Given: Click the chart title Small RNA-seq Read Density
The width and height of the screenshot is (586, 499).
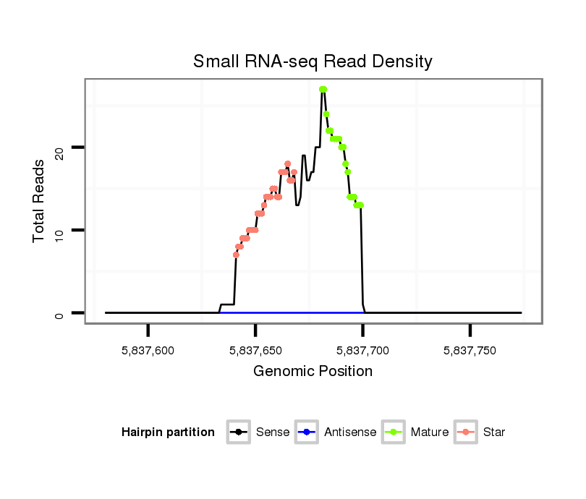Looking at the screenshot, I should [313, 61].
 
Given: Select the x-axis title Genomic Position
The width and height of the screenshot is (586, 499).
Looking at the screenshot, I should [313, 372].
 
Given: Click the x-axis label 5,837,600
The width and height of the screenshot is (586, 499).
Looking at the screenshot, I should [148, 350].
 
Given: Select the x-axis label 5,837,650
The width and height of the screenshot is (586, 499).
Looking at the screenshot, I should [255, 350].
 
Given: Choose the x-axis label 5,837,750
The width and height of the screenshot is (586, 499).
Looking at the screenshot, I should [470, 350].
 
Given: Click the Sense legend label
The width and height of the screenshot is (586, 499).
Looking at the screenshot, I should [273, 432].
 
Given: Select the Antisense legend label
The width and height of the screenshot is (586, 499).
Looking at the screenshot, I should [350, 432].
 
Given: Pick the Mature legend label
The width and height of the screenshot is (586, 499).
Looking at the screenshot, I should [430, 432].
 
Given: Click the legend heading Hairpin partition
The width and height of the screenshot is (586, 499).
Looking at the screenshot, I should [168, 432].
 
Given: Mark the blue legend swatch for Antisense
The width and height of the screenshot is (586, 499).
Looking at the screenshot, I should [307, 432].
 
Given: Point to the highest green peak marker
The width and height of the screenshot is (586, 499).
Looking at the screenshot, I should [323, 89].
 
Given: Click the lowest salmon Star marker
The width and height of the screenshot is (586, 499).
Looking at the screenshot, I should [236, 255].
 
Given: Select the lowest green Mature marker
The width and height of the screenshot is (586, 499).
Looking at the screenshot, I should [359, 205].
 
